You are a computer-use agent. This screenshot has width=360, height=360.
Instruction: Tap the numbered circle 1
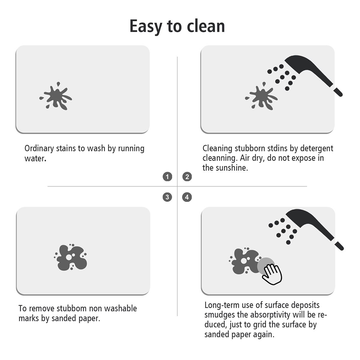[167, 176]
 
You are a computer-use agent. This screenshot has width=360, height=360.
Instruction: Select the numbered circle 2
[187, 176]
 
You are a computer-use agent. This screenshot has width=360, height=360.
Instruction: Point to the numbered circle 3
[167, 197]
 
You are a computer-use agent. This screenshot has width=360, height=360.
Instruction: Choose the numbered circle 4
[187, 197]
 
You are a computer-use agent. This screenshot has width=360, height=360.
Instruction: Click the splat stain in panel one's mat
[56, 96]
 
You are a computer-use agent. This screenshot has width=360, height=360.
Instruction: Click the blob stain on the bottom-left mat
[70, 257]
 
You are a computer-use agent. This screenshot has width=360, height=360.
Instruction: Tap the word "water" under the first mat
[34, 158]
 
